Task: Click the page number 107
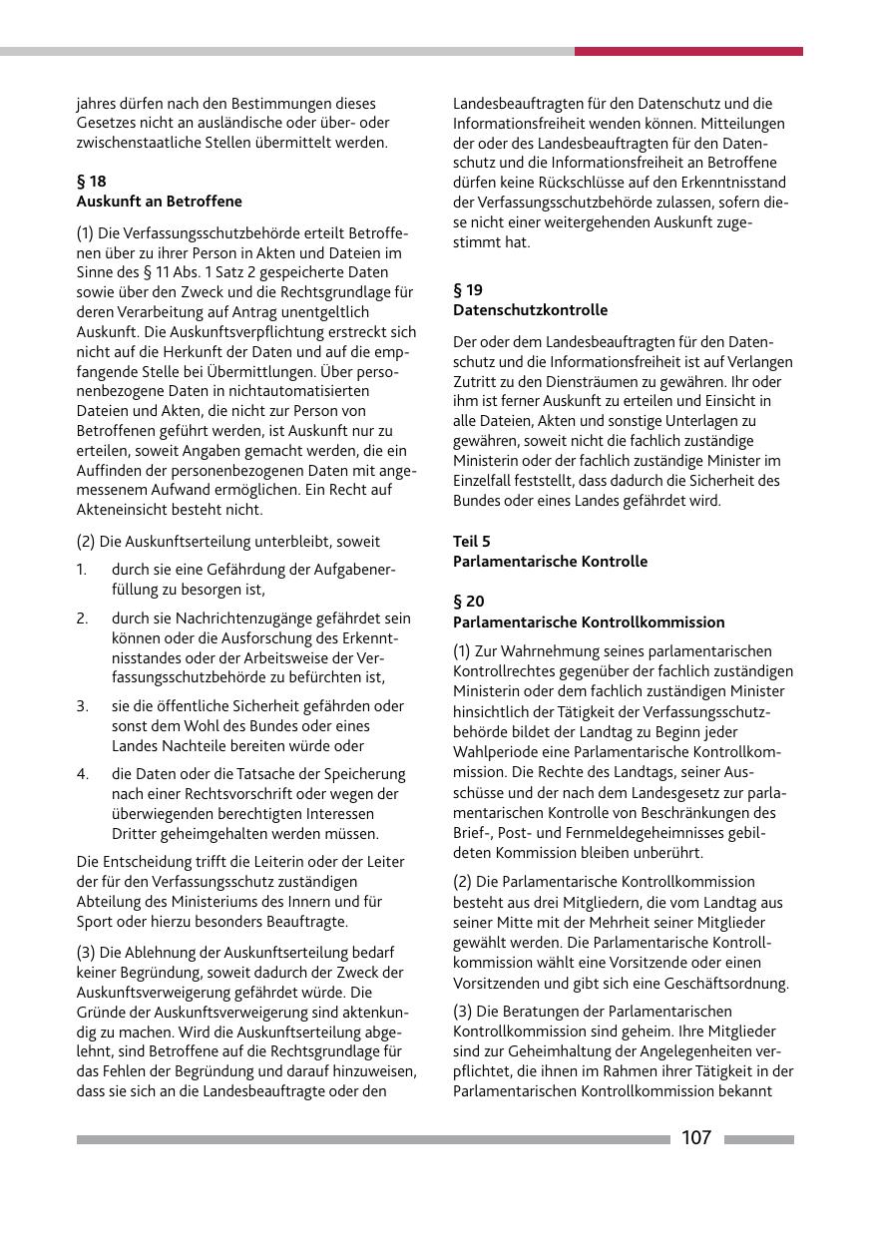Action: tap(696, 1138)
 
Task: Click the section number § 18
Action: tap(91, 181)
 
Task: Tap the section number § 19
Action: tap(468, 290)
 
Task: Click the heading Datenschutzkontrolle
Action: tap(530, 310)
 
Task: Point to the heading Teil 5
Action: tap(472, 541)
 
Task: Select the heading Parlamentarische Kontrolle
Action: tap(550, 561)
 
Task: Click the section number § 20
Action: tap(469, 602)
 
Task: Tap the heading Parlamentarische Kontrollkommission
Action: tap(589, 621)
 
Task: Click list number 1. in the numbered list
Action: tap(82, 570)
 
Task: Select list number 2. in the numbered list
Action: tap(83, 619)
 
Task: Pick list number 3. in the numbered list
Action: tap(83, 706)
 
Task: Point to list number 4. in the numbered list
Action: tap(83, 774)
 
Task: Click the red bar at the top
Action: tap(688, 51)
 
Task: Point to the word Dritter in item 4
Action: tap(135, 834)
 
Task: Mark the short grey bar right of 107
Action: tap(759, 1139)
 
